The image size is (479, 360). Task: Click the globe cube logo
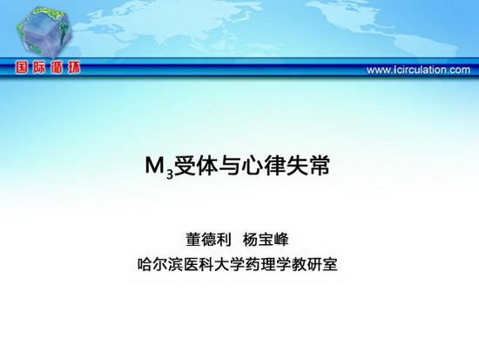44,32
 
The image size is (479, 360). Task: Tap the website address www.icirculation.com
418,70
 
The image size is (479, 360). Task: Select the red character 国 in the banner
22,68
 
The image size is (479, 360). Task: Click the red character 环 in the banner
74,68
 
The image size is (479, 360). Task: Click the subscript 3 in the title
170,173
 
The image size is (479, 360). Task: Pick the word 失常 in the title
307,166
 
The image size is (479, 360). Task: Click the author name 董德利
209,239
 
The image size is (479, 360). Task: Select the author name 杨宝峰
266,239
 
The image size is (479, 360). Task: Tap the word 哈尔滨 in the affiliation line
161,264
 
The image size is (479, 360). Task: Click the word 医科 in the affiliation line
199,264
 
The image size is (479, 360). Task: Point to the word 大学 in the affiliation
230,264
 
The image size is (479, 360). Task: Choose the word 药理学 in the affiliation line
268,264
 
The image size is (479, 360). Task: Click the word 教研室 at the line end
314,264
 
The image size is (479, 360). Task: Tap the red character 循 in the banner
57,68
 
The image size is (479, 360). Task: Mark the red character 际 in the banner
39,68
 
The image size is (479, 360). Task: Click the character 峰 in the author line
281,239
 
